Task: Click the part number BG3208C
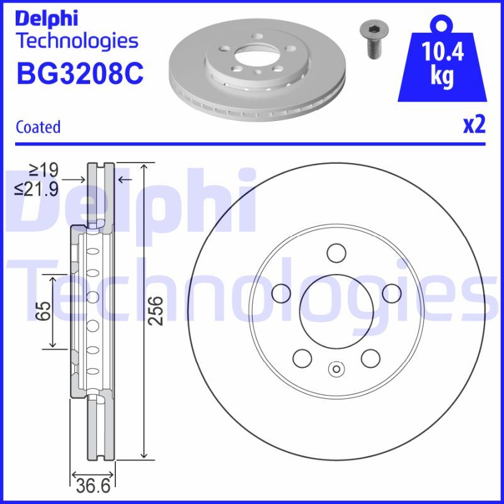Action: click(80, 73)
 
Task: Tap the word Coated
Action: click(38, 127)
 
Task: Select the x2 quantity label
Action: click(474, 125)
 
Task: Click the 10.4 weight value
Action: click(442, 52)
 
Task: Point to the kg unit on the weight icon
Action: click(442, 76)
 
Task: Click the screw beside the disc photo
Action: click(374, 40)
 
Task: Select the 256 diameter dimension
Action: click(156, 311)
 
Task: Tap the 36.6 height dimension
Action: click(93, 485)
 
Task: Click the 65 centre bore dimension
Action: click(43, 311)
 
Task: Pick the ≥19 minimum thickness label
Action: click(43, 169)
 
